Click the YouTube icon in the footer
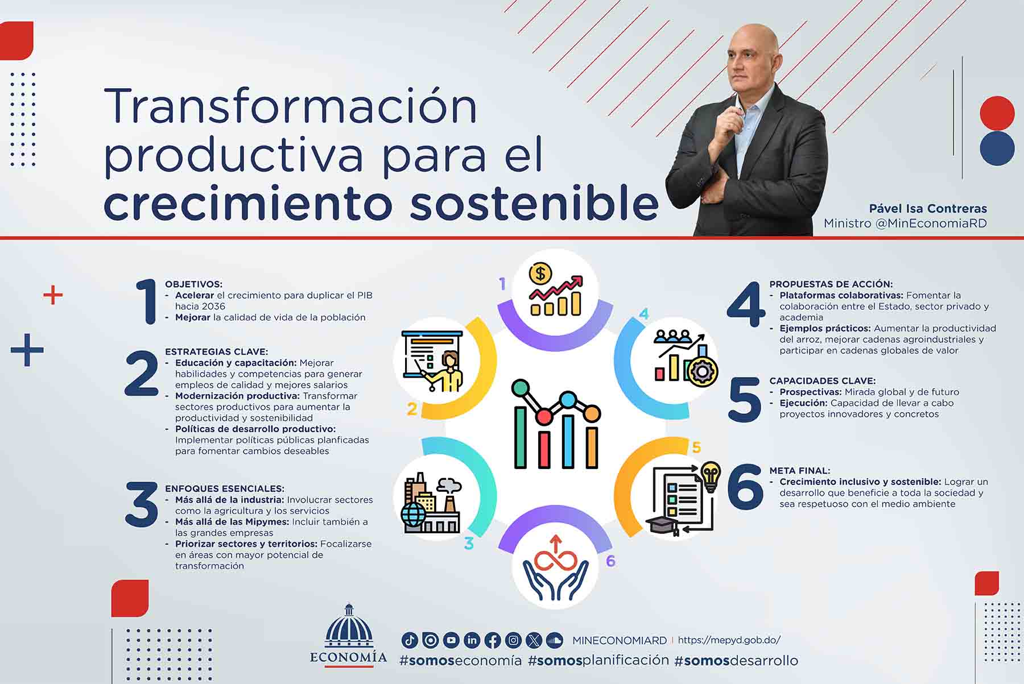pyautogui.click(x=451, y=640)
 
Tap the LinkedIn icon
pyautogui.click(x=472, y=640)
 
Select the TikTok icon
pyautogui.click(x=410, y=640)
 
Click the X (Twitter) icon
pyautogui.click(x=534, y=640)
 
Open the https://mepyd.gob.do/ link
pyautogui.click(x=729, y=640)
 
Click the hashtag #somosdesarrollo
pyautogui.click(x=736, y=660)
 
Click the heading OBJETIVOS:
pyautogui.click(x=193, y=284)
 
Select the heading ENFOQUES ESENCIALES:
pyautogui.click(x=224, y=489)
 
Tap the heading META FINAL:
pyautogui.click(x=799, y=471)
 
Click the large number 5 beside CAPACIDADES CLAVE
pyautogui.click(x=744, y=400)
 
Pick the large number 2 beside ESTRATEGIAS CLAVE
pyautogui.click(x=142, y=374)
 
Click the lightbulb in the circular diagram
pyautogui.click(x=711, y=475)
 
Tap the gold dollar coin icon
pyautogui.click(x=540, y=274)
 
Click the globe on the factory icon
pyautogui.click(x=413, y=515)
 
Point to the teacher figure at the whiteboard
pyautogui.click(x=448, y=371)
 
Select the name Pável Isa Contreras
pyautogui.click(x=927, y=209)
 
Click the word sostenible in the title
pyautogui.click(x=534, y=203)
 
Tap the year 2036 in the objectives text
pyautogui.click(x=213, y=306)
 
